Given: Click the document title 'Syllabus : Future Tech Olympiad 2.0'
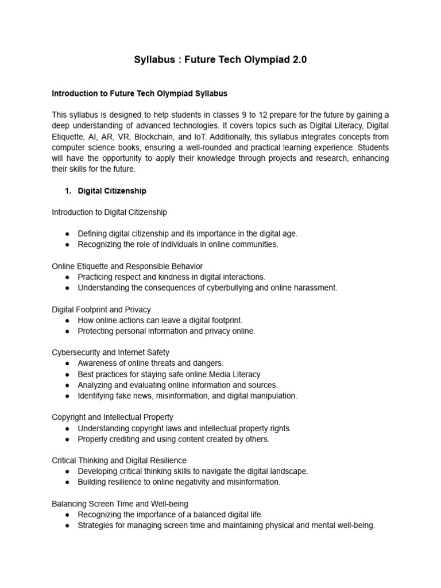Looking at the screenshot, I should [220, 60].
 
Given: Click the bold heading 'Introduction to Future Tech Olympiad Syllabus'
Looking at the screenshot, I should [140, 93].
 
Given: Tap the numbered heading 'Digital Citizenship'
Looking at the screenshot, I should [112, 191].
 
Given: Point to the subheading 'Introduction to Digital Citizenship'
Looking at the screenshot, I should [109, 212].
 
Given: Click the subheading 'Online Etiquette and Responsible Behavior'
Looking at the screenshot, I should [127, 266].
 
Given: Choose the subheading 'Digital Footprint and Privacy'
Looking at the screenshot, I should [101, 310].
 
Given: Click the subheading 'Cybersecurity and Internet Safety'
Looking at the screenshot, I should [110, 352].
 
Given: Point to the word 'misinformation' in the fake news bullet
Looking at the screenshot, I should [189, 396].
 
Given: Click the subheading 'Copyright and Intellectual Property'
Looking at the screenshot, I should [113, 417].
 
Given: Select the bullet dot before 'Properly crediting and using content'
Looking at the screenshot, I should [67, 439].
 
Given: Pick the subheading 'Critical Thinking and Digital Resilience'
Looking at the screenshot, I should [119, 461].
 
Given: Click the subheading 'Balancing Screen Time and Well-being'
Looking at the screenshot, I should [120, 504].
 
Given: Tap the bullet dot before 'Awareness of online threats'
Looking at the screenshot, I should [67, 363].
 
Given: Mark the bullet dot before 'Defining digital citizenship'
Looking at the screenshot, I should [67, 234].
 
